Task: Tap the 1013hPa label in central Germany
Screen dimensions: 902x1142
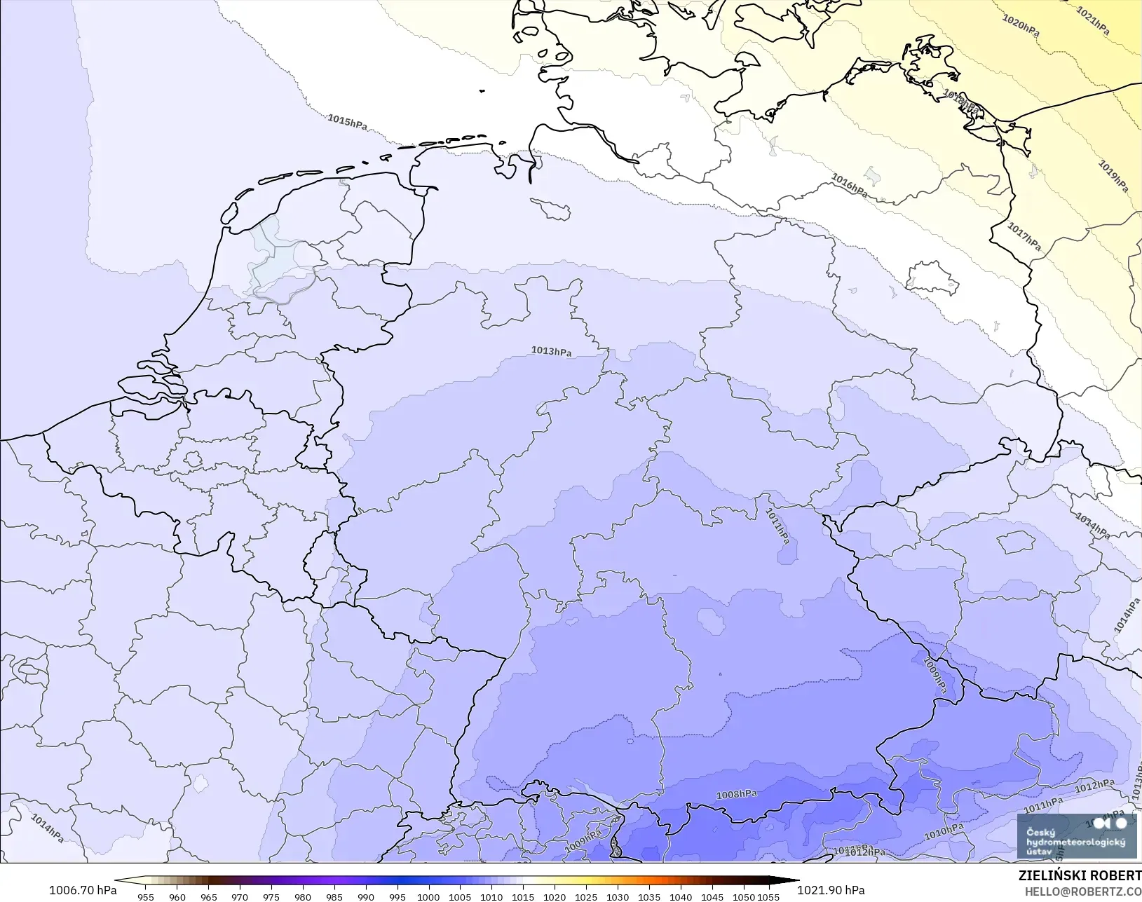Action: (x=551, y=351)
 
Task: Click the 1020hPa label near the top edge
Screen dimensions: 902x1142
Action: (x=1021, y=26)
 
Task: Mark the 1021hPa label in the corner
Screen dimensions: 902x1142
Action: (x=1093, y=21)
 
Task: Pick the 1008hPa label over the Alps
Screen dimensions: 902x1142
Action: (x=736, y=794)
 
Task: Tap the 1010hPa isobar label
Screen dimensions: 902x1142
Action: (x=944, y=832)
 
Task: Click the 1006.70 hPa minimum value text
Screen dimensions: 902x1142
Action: (x=83, y=890)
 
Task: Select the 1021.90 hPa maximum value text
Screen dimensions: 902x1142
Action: (x=831, y=890)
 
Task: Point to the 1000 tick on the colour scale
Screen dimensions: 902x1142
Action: (x=428, y=896)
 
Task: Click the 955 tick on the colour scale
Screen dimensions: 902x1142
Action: (x=146, y=896)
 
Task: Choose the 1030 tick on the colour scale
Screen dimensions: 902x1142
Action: (x=617, y=896)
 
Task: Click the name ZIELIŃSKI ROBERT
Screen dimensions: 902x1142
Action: (x=1080, y=876)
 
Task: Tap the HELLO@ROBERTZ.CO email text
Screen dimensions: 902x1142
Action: (x=1083, y=891)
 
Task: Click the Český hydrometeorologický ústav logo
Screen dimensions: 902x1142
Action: (x=1076, y=835)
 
